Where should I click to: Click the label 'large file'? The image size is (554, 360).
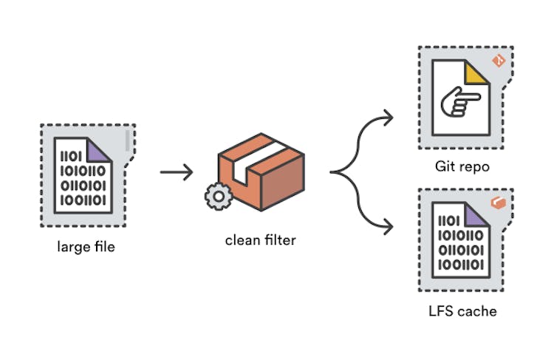coord(86,246)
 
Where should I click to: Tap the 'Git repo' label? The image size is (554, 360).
coord(463,166)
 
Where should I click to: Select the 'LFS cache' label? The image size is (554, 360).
coord(463,310)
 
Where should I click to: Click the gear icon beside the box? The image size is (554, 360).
coord(216,197)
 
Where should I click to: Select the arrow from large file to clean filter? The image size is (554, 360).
coord(177,172)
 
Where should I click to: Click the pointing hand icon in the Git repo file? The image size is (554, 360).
coord(459,104)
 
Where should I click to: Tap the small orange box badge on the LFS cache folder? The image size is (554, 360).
coord(499,202)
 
